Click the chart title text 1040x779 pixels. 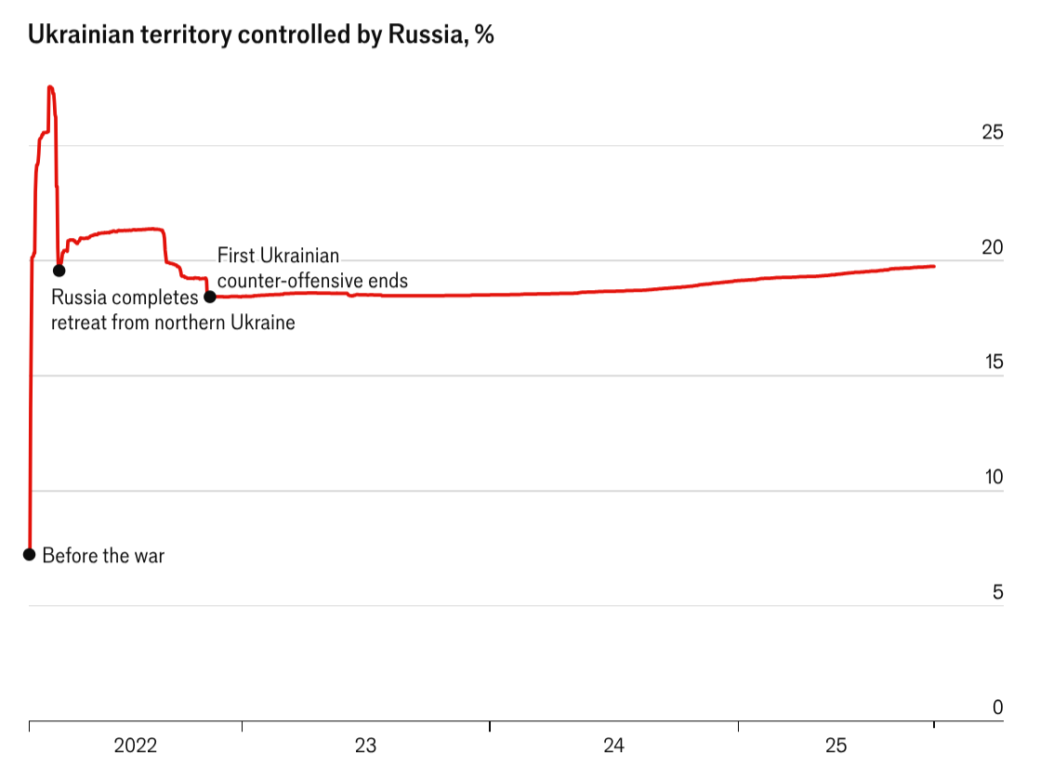tap(260, 35)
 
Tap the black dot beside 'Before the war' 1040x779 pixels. tap(29, 555)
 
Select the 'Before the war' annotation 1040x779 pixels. tap(103, 556)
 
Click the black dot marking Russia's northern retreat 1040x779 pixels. tap(59, 271)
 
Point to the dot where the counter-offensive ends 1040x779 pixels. tap(210, 297)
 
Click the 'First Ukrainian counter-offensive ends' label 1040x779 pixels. tap(312, 268)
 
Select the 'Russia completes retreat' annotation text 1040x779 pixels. tap(172, 310)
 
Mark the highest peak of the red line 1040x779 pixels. tap(50, 87)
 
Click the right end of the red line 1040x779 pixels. tap(934, 266)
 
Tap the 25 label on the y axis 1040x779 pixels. tap(993, 133)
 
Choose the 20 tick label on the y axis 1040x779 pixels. tap(993, 248)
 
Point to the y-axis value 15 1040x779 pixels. tap(993, 363)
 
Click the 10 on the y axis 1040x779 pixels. tap(993, 478)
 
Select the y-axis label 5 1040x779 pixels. tap(997, 593)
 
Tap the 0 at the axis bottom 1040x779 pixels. tap(997, 708)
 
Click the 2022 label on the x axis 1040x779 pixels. tap(136, 746)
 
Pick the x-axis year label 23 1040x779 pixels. tap(365, 746)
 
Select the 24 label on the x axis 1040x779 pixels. tap(613, 746)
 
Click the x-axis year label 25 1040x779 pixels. tap(836, 746)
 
